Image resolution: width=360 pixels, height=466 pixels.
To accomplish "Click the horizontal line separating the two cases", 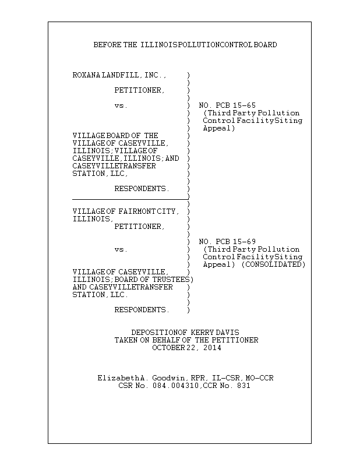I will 129,199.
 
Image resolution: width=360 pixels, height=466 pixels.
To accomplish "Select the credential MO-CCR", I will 259,378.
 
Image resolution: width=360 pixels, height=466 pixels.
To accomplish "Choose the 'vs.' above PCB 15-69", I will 121,249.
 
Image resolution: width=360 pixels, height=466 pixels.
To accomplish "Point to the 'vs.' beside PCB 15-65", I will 121,105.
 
